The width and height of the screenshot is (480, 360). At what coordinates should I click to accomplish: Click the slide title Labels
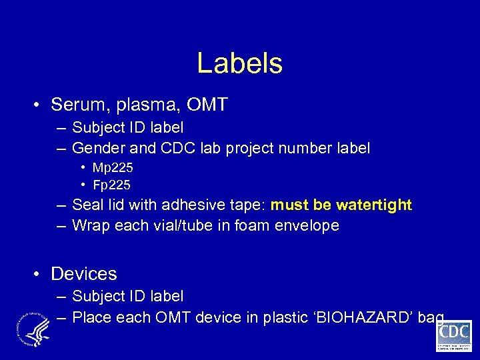click(x=239, y=64)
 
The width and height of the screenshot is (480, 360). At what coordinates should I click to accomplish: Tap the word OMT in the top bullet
click(x=207, y=105)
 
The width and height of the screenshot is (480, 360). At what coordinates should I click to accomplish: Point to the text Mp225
click(x=113, y=167)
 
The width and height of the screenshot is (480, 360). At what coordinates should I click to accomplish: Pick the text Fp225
click(x=112, y=185)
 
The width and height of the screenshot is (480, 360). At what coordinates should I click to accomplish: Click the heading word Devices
click(x=84, y=274)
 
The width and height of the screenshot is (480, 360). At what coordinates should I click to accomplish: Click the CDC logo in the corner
click(x=454, y=335)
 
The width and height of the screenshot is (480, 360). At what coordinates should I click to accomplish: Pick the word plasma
click(x=145, y=105)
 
